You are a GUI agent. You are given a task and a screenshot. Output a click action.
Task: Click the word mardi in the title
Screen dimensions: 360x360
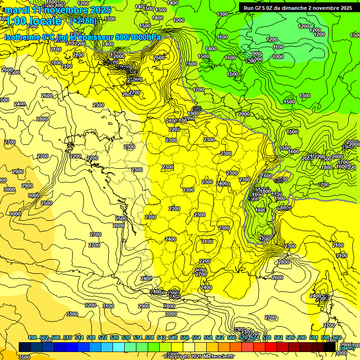click(x=16, y=10)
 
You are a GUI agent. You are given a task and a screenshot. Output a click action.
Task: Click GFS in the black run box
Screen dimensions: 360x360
click(x=262, y=8)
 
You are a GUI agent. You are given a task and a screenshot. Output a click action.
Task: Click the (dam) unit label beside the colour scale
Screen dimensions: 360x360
click(x=347, y=347)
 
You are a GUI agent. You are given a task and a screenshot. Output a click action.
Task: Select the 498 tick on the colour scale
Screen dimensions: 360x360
click(x=32, y=337)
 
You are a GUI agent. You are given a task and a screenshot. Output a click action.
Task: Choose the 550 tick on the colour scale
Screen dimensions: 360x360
click(x=185, y=337)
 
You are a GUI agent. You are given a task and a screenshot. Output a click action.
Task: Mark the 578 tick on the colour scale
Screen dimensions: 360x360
click(x=267, y=337)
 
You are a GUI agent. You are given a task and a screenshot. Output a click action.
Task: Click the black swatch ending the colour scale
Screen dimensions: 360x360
click(x=330, y=347)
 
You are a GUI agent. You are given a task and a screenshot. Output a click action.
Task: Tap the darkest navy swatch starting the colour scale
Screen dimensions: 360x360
click(x=25, y=347)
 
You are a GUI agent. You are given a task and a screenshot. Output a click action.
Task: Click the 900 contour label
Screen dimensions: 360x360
click(x=256, y=54)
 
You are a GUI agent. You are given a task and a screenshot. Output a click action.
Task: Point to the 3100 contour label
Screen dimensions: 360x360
click(x=108, y=306)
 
